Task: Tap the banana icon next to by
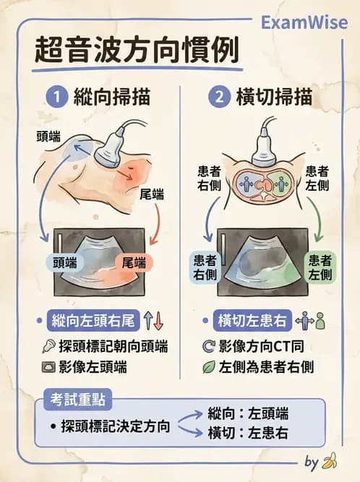coord(330,460)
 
